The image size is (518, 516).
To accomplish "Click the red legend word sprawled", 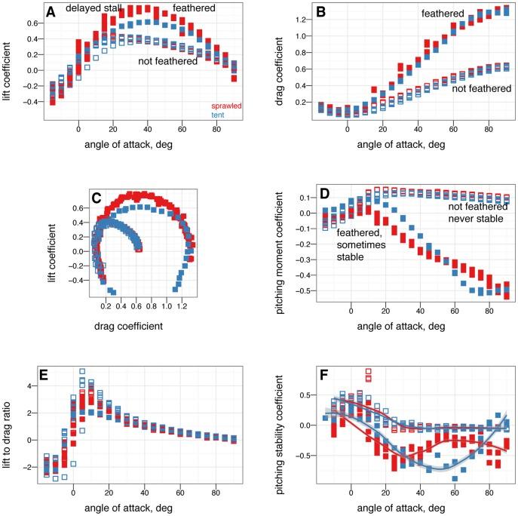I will coord(225,107).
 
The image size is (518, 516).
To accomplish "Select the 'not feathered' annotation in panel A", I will coord(167,62).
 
